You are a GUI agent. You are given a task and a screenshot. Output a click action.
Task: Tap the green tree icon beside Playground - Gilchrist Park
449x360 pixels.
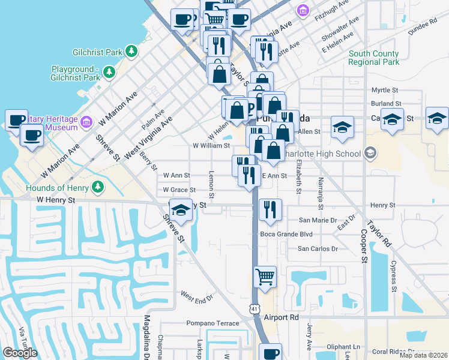pyautogui.click(x=109, y=73)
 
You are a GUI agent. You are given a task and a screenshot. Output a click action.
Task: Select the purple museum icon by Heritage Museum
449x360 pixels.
pyautogui.click(x=86, y=122)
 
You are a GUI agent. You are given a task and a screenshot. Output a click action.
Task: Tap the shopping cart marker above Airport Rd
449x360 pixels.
pyautogui.click(x=265, y=277)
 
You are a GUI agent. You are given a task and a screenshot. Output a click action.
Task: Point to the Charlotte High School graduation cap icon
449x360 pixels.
pyautogui.click(x=370, y=153)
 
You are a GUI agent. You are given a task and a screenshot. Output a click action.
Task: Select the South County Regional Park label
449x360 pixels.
pyautogui.click(x=374, y=58)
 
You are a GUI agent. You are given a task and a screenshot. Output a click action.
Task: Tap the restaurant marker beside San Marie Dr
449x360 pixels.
pyautogui.click(x=270, y=209)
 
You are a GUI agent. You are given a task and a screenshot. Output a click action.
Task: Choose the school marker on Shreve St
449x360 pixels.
pyautogui.click(x=180, y=210)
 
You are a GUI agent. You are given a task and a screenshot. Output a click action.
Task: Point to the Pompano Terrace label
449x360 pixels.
pyautogui.click(x=212, y=323)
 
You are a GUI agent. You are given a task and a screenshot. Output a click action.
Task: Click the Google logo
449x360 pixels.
pyautogui.click(x=20, y=352)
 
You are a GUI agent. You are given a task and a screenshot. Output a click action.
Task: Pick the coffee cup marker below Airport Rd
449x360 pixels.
pyautogui.click(x=271, y=353)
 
